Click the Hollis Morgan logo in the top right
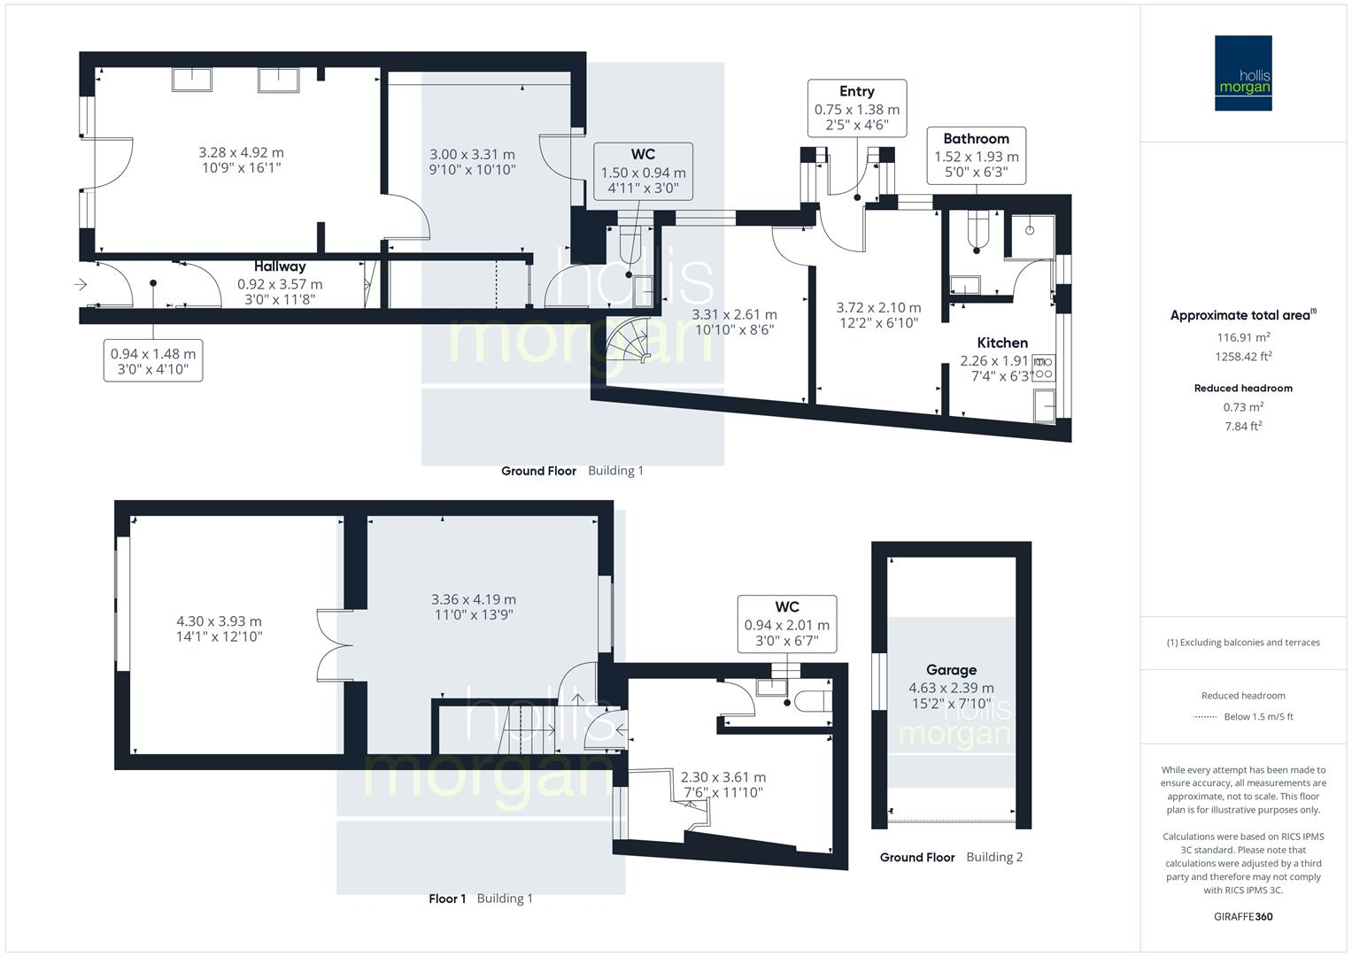click(1242, 73)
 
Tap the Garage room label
click(951, 670)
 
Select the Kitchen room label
click(1002, 343)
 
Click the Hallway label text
click(280, 266)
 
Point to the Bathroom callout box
click(976, 156)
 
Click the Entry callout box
click(856, 108)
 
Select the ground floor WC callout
click(643, 172)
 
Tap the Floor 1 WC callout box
click(786, 623)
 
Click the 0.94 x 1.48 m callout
click(153, 360)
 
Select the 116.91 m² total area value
click(1243, 337)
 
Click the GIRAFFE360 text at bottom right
click(1243, 916)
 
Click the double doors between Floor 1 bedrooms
click(334, 644)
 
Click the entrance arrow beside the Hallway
click(81, 284)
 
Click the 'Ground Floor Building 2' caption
click(951, 857)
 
